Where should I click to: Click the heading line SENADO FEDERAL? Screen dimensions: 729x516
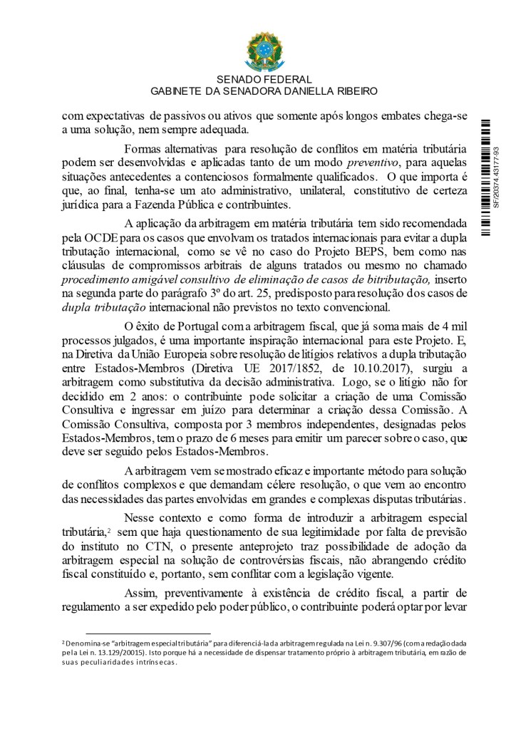coord(257,80)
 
